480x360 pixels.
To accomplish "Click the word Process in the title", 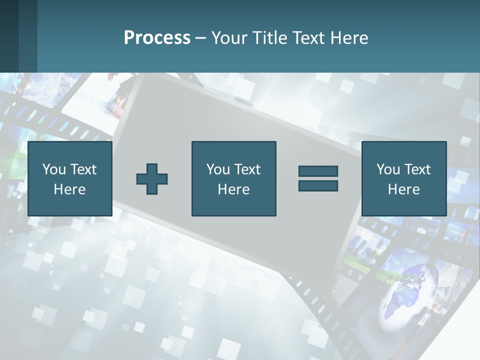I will point(157,38).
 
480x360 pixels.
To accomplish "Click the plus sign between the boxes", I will point(152,179).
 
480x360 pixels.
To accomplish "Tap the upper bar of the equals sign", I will point(318,171).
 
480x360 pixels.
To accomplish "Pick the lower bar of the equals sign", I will point(318,185).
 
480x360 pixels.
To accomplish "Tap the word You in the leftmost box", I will point(54,169).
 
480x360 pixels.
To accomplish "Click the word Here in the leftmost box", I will point(69,189).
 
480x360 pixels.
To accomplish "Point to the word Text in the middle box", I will point(247,169).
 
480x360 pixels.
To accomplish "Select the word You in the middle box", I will point(218,169).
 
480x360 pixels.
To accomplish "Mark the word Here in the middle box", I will point(233,189).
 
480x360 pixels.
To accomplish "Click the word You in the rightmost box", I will point(388,169).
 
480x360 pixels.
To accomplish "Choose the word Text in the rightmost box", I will point(417,169).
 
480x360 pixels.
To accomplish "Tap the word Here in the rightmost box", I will point(403,189).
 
